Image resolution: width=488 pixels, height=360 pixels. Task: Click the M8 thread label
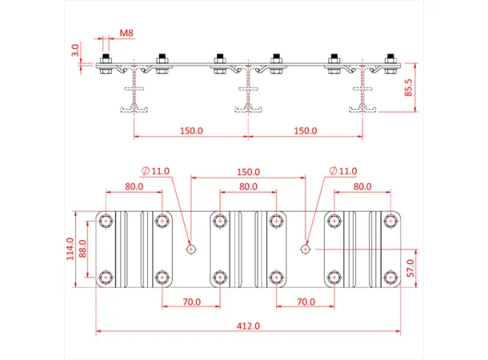126,34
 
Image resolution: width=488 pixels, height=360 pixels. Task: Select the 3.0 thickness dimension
75,52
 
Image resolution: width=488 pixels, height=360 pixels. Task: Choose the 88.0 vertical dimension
82,251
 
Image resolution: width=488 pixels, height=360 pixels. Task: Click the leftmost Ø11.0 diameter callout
155,170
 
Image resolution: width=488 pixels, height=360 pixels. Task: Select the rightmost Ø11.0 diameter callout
343,170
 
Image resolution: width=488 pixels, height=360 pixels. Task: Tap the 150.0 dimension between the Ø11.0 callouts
248,171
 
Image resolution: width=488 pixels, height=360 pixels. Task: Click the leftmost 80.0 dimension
134,186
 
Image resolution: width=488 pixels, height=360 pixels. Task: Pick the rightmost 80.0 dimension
362,186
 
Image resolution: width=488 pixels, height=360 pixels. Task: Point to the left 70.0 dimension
190,302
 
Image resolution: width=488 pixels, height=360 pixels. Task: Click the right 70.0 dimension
305,302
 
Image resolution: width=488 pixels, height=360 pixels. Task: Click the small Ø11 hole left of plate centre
190,249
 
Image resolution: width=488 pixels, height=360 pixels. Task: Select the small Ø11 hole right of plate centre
305,249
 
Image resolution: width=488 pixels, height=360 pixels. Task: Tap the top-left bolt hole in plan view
106,221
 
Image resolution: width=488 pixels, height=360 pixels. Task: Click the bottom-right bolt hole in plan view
390,277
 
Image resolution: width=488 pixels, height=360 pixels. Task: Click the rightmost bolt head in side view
390,58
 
